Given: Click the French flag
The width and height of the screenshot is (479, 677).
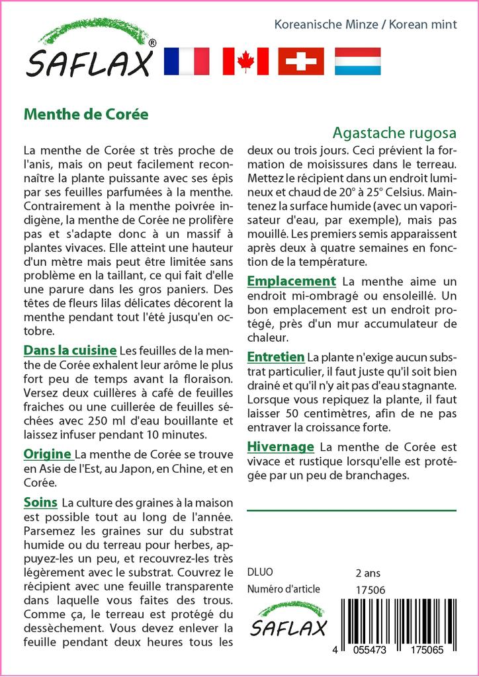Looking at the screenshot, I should [x=186, y=61].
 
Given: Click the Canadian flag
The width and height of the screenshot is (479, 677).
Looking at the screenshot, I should [x=245, y=61].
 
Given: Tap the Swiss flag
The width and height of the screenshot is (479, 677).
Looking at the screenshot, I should [x=301, y=61].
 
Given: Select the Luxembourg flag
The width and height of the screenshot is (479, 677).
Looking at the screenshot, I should [x=357, y=61].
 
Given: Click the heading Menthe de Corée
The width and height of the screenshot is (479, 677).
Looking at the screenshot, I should [x=86, y=113].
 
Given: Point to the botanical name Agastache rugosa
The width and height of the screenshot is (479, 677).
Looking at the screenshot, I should [x=394, y=132].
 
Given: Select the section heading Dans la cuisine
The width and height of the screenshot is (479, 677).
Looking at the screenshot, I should [x=70, y=350].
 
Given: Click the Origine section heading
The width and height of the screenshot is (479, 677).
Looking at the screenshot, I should [x=48, y=454].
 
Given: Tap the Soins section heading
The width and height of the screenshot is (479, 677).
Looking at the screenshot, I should [x=40, y=502].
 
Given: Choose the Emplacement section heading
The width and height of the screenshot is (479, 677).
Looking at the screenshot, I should [x=291, y=281].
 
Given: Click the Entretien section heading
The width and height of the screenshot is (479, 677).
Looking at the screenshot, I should [x=275, y=356].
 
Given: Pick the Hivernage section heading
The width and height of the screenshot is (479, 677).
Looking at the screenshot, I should [x=281, y=446].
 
